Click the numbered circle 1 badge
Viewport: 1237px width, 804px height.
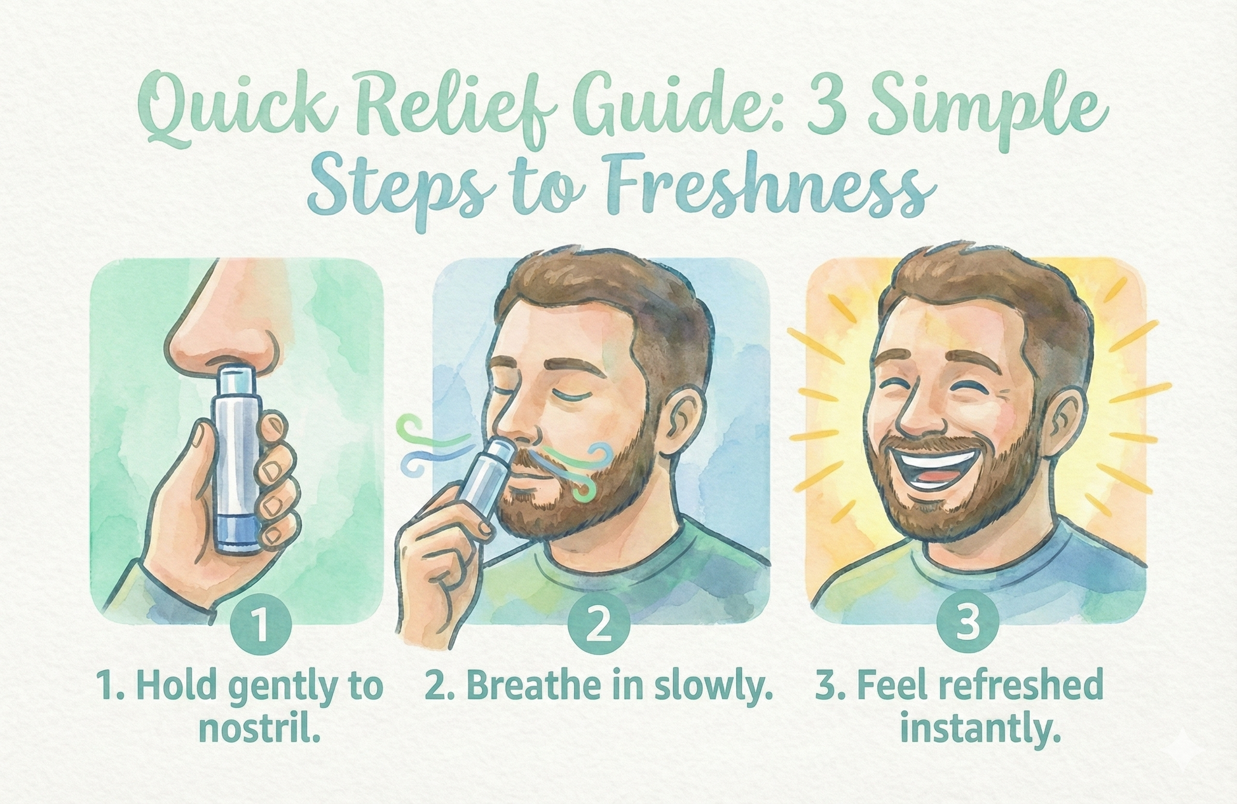(x=261, y=624)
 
